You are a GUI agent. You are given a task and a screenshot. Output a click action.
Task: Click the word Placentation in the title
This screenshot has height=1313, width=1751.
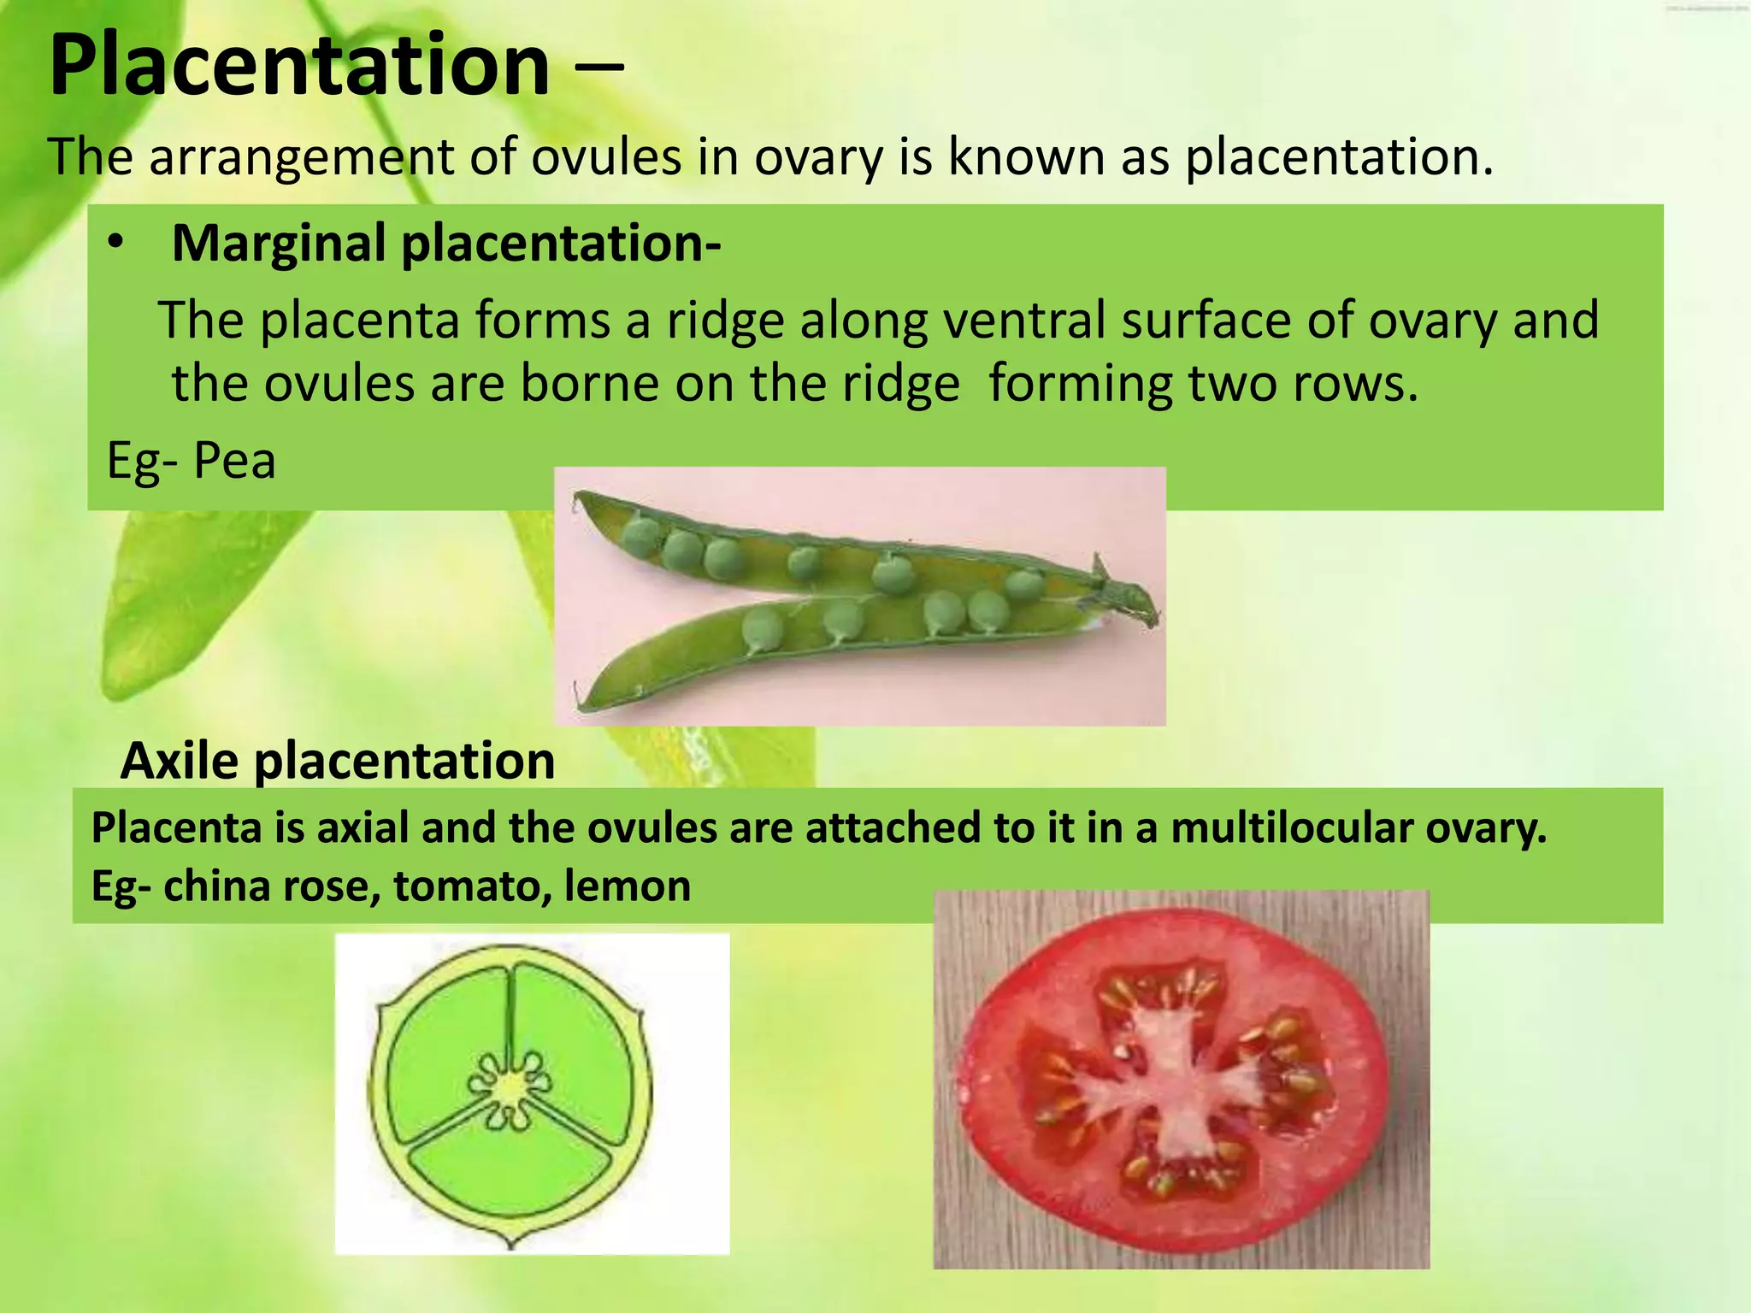(299, 67)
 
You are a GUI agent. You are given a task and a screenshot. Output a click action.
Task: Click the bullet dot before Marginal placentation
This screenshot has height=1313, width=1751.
(116, 244)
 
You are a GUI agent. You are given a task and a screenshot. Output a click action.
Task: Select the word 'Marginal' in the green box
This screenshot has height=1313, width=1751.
(279, 244)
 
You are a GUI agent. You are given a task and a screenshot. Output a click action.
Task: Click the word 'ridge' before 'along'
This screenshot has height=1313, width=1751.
(725, 321)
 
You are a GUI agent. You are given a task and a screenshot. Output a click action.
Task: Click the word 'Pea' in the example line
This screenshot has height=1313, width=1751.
(234, 462)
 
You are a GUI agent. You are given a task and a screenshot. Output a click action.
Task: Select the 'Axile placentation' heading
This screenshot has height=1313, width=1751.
(338, 761)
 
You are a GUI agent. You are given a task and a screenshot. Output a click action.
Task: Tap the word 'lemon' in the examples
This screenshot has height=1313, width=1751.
(628, 886)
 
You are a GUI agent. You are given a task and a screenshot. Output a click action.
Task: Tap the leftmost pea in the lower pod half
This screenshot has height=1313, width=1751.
(762, 628)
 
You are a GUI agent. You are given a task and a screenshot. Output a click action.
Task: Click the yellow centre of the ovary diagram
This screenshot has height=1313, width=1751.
(510, 1086)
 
